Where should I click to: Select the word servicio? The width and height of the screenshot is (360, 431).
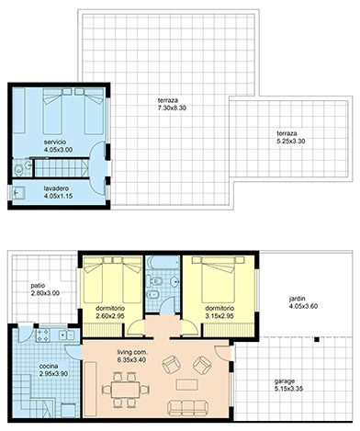coord(55,142)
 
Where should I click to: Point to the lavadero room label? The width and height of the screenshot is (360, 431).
coord(56,188)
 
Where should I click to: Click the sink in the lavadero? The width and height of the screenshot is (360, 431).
coord(18,193)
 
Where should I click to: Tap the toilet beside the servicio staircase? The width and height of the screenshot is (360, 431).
coord(18,169)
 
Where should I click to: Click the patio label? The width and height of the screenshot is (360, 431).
coord(38,286)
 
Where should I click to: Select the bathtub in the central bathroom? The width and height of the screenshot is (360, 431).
coord(163,263)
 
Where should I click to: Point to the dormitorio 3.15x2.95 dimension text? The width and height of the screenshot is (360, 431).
coord(219,316)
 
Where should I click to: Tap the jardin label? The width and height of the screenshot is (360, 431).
coord(298,299)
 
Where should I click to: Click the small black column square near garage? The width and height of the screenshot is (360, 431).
coord(317,339)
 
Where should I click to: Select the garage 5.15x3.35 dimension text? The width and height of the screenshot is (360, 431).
coord(288,389)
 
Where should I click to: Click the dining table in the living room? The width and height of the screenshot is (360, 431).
coord(126,390)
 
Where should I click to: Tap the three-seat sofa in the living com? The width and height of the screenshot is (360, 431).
coord(187,408)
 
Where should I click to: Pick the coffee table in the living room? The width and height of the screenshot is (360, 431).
coord(187,384)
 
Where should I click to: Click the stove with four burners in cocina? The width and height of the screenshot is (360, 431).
coord(43,335)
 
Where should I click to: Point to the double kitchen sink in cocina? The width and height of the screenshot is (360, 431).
coord(66,335)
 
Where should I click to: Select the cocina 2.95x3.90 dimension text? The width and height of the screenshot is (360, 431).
coord(53,374)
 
